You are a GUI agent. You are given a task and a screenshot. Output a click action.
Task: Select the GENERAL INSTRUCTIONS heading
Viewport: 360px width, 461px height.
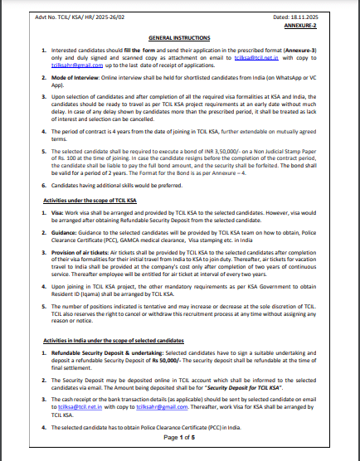[179, 39]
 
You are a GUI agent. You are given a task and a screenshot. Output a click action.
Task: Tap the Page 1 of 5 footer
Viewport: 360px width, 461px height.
[179, 436]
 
